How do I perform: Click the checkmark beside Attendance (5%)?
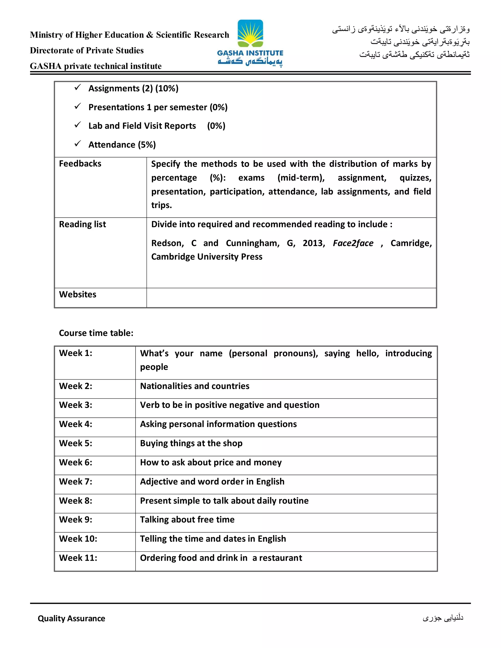pos(78,144)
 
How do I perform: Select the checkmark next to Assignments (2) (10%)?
pos(78,88)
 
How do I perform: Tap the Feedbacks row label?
pos(80,164)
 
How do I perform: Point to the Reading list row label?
pos(82,224)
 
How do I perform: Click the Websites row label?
pos(78,294)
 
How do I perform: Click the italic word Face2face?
pos(353,243)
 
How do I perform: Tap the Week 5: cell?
pos(76,443)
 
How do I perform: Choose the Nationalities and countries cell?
pos(195,386)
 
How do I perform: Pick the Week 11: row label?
pos(78,558)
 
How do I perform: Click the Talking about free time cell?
pos(187,520)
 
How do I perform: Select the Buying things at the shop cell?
pos(191,443)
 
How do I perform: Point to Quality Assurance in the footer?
pos(71,618)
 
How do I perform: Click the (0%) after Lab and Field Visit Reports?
pos(216,126)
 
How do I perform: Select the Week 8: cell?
pos(76,501)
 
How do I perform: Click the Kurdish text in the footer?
pos(443,618)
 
